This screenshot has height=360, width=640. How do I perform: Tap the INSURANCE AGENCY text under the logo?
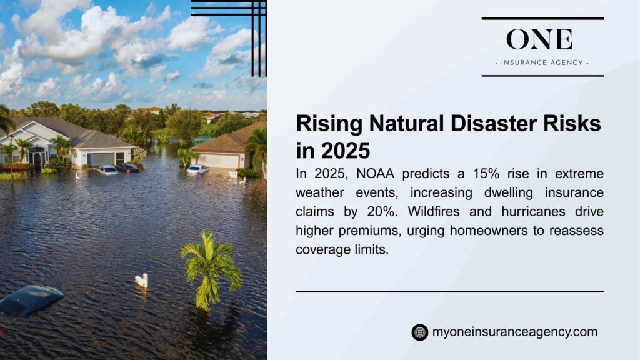(542, 62)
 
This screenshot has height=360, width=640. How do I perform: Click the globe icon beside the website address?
(419, 332)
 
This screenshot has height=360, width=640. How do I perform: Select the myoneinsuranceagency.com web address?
(514, 332)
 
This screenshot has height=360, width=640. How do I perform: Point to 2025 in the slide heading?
(344, 151)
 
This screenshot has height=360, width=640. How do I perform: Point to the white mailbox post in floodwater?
(143, 281)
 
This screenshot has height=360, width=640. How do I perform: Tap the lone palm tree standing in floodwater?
(210, 266)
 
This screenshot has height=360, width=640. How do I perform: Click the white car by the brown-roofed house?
(197, 169)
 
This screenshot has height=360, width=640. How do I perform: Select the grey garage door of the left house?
(100, 159)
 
